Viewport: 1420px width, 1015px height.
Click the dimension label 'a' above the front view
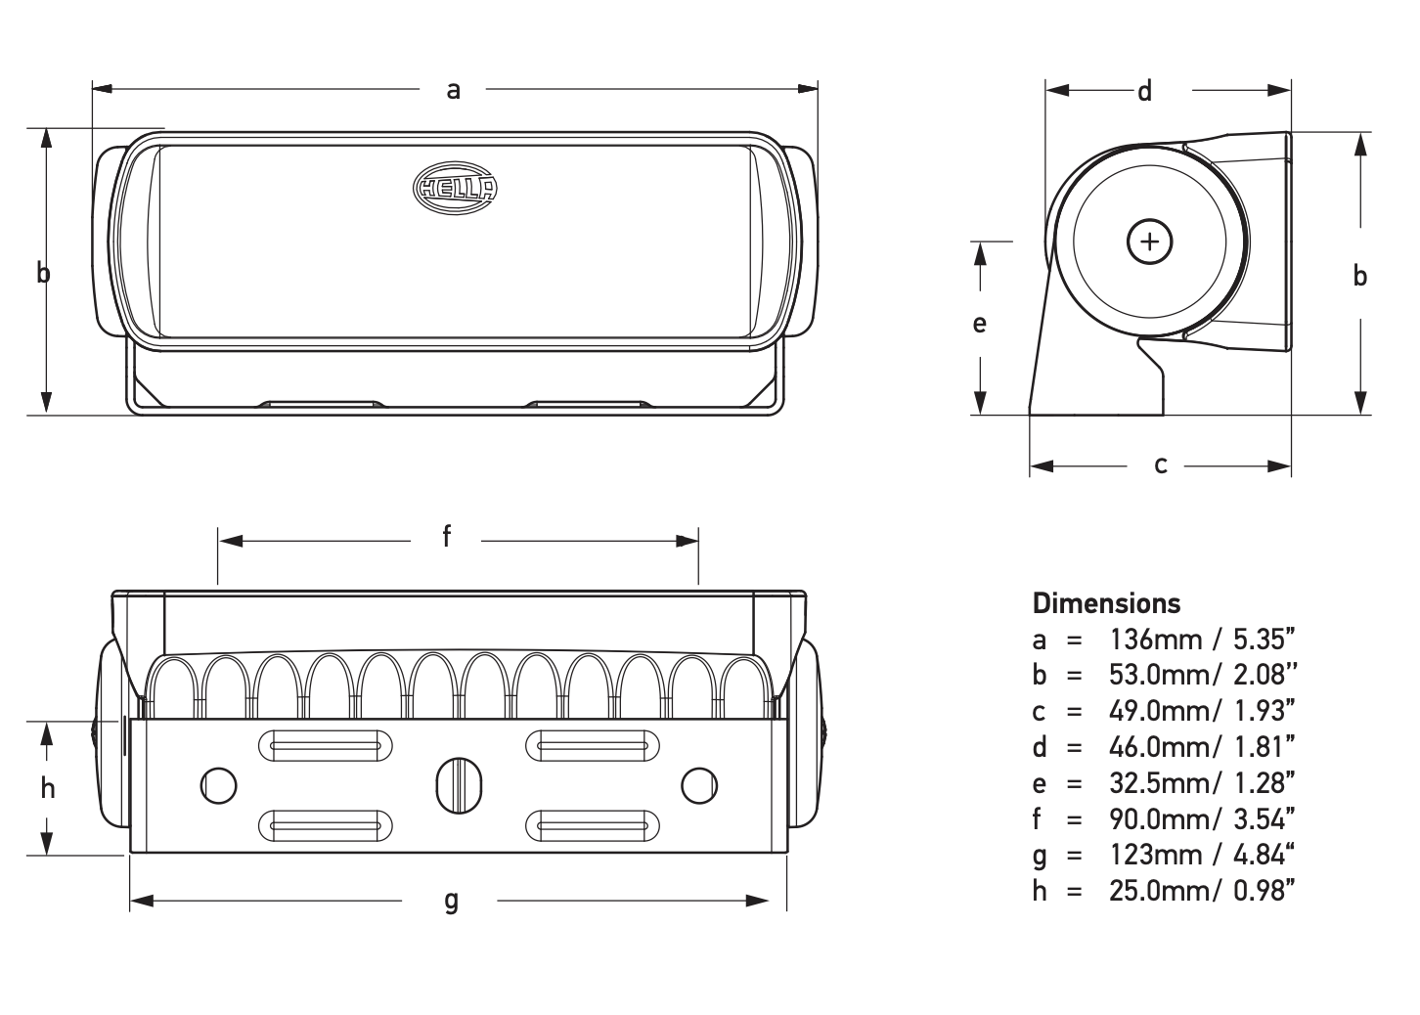point(453,90)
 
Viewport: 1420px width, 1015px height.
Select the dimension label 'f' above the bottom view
point(446,536)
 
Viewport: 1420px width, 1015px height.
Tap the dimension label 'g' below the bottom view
point(451,900)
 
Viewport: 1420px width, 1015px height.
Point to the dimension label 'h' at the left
point(48,788)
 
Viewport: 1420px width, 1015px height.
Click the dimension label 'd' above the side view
point(1144,91)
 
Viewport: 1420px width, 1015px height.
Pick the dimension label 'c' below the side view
point(1161,465)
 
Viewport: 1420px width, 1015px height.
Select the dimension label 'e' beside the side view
point(979,324)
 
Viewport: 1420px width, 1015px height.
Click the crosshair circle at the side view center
point(1150,242)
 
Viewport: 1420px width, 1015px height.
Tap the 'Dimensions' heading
point(1106,602)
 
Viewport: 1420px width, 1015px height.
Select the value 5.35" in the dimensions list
point(1265,640)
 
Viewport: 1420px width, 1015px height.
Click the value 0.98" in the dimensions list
point(1265,890)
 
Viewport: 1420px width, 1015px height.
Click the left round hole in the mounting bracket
point(218,784)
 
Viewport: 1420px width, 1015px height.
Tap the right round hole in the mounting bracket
point(699,784)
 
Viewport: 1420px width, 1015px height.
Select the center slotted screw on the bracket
point(459,784)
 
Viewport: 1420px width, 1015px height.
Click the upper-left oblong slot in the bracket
point(326,746)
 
